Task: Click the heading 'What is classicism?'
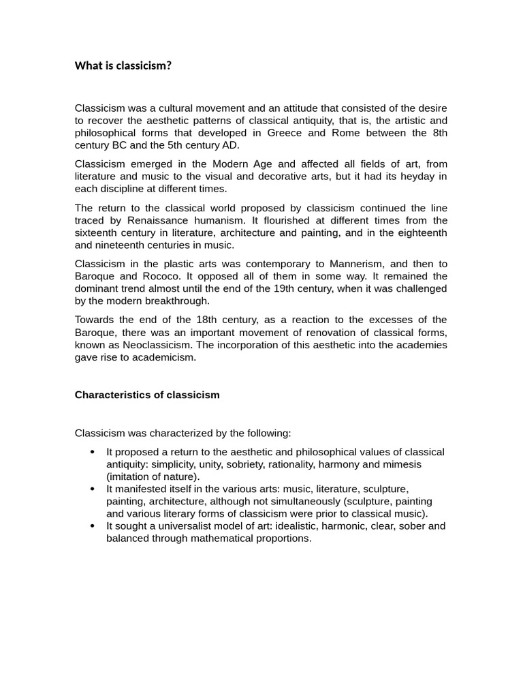pyautogui.click(x=123, y=66)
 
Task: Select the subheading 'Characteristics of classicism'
pyautogui.click(x=147, y=395)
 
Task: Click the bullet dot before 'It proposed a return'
pyautogui.click(x=93, y=452)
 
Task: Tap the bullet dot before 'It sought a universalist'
pyautogui.click(x=93, y=526)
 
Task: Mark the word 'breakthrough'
pyautogui.click(x=179, y=301)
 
